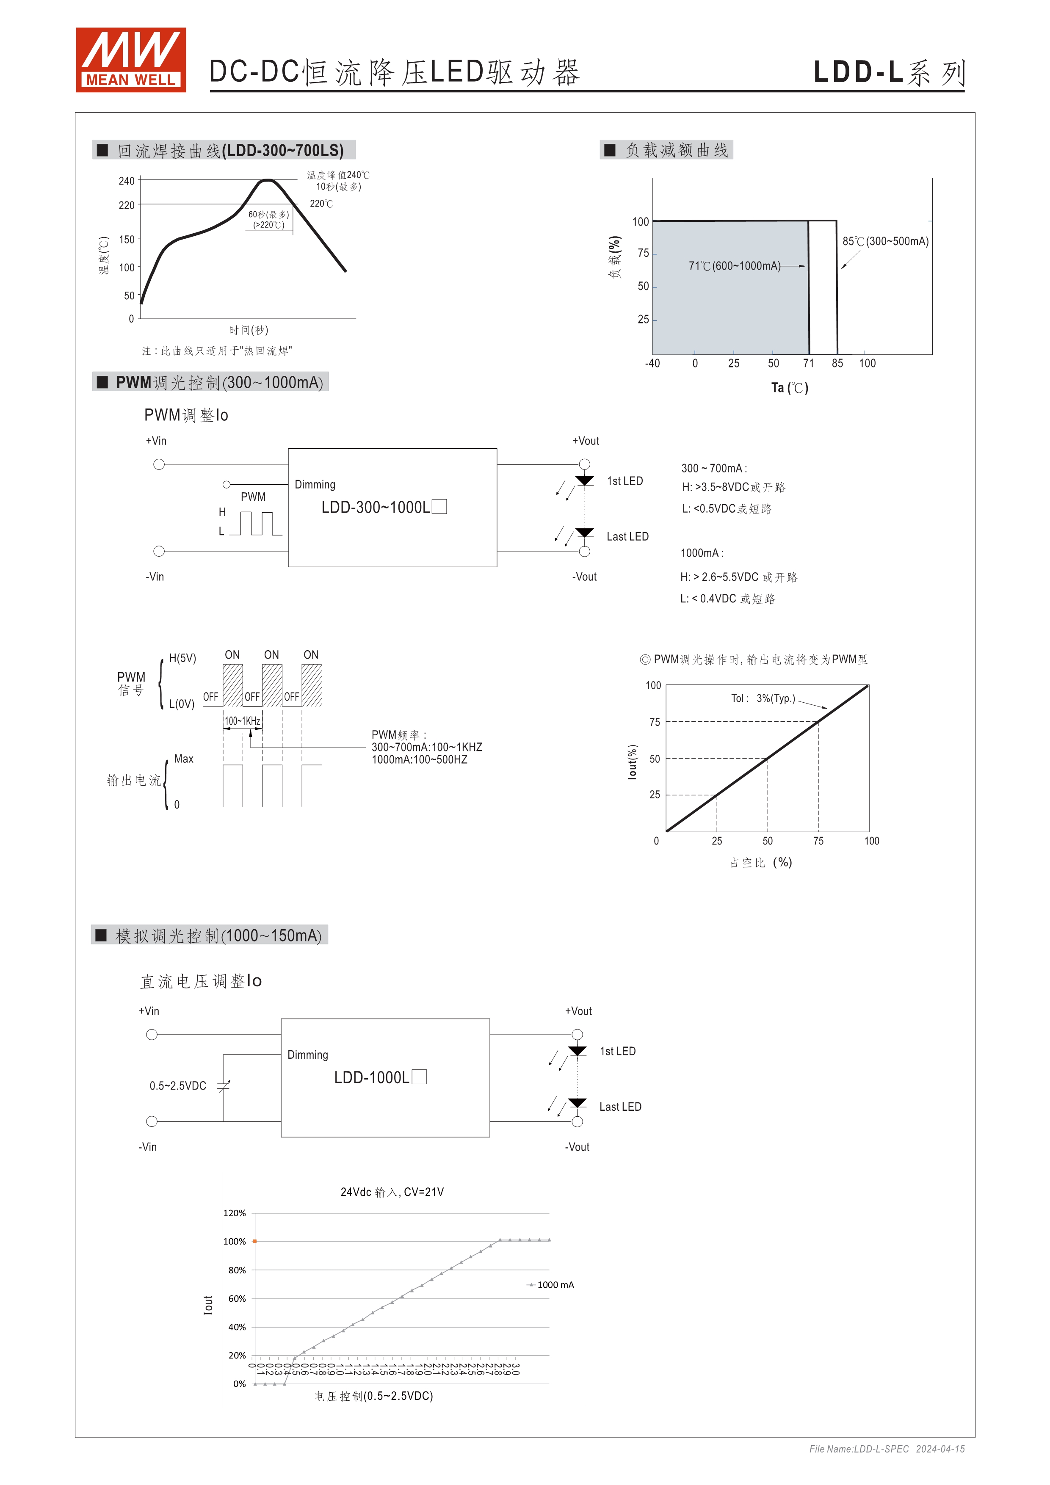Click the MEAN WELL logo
131,60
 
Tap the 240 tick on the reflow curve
126,181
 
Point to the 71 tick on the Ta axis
808,364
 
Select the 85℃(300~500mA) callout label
885,241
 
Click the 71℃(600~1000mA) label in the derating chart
734,266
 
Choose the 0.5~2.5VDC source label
178,1086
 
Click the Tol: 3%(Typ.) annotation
763,698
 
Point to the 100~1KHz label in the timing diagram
243,721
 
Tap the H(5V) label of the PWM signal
182,658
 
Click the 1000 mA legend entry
555,1285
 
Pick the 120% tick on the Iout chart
234,1213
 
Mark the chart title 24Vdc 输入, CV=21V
392,1192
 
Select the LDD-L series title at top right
889,72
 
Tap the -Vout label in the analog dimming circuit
577,1147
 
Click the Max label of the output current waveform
184,759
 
